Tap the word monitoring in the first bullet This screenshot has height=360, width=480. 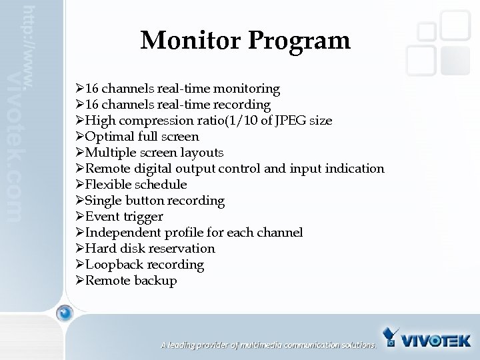tap(247, 89)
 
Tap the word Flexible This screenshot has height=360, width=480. tap(109, 185)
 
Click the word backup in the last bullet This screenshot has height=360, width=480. tap(155, 281)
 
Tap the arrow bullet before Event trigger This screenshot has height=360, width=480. tap(80, 217)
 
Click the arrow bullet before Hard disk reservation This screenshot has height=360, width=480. tap(80, 249)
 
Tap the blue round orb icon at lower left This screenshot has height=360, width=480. tap(64, 313)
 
